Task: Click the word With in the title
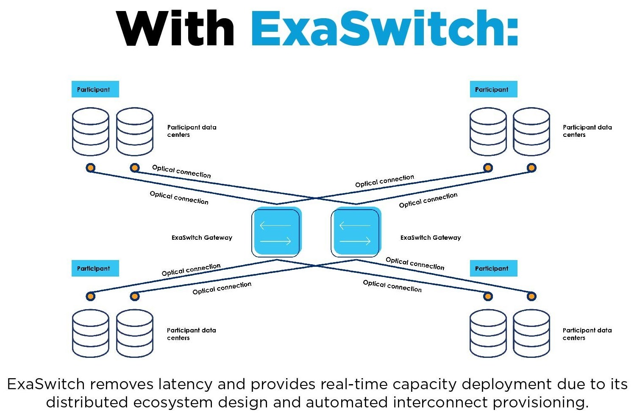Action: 175,28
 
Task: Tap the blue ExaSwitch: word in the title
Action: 384,28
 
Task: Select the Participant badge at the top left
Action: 95,89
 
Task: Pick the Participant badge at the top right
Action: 493,89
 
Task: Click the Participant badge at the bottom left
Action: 95,268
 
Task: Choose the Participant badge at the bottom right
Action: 493,268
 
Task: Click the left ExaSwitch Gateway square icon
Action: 276,233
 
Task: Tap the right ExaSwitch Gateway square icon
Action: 356,233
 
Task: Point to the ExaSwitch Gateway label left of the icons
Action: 202,238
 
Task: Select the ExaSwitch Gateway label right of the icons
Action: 431,238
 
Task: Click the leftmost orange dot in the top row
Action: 90,168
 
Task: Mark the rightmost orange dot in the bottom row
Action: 531,296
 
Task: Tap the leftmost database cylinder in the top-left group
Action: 91,132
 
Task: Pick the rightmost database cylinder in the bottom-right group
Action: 531,333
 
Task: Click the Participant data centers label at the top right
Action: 587,131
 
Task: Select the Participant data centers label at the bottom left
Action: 191,334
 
